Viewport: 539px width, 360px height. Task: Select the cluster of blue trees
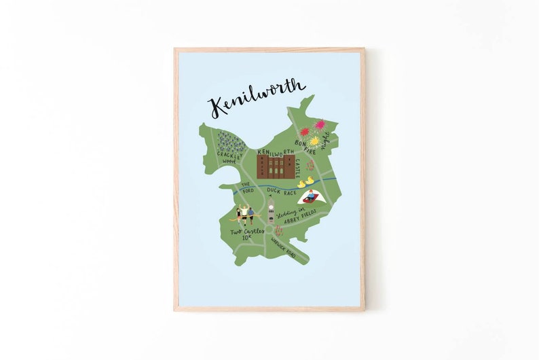[229, 141]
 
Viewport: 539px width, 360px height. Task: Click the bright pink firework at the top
[320, 124]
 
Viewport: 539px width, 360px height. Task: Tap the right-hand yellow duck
[310, 181]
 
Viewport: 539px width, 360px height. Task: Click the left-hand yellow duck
[301, 184]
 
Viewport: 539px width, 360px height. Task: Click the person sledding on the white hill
[310, 197]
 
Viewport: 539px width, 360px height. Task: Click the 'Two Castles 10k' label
[246, 234]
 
